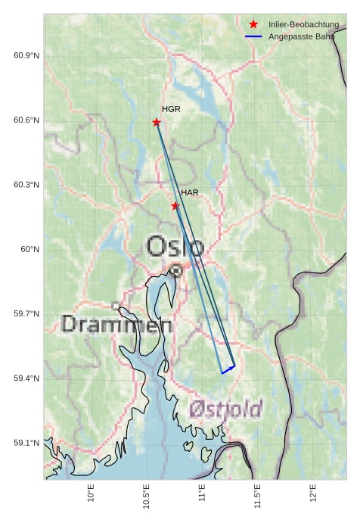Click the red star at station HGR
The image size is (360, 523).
[157, 123]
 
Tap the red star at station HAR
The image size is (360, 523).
[175, 206]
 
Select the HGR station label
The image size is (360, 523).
[171, 109]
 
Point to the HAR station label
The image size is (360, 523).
[189, 193]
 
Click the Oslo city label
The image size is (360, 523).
[175, 247]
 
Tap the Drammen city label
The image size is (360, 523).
[116, 325]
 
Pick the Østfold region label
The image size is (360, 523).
[225, 409]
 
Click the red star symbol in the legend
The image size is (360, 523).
[253, 25]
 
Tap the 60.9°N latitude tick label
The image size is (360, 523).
[26, 56]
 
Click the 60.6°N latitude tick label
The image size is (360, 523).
[26, 120]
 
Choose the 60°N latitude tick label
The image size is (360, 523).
[29, 249]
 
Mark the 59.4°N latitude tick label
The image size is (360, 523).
[26, 378]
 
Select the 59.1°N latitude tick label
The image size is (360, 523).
[26, 443]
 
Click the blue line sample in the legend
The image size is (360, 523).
[253, 36]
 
